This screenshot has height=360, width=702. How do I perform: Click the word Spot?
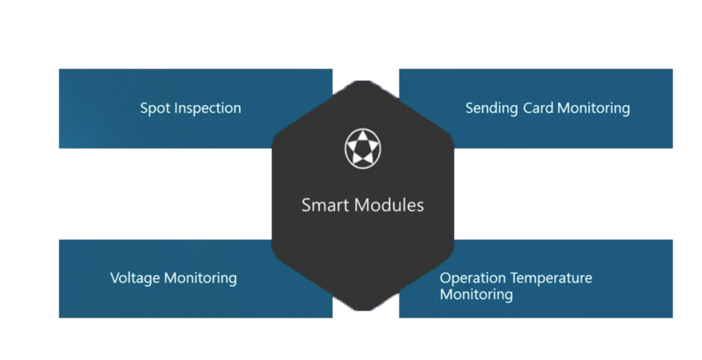click(155, 109)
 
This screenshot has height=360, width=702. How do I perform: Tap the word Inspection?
click(208, 109)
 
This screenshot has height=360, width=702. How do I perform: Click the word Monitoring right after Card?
click(593, 109)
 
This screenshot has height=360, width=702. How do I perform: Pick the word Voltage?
click(136, 278)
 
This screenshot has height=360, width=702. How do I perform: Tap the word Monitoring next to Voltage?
click(200, 278)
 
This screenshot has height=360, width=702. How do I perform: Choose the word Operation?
click(473, 278)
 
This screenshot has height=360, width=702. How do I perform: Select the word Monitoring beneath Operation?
click(476, 295)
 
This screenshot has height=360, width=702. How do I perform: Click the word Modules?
click(389, 205)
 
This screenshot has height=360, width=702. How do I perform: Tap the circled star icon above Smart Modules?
click(362, 148)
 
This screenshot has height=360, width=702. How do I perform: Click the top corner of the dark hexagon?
click(363, 81)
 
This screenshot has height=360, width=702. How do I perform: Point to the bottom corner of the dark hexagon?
click(363, 310)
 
